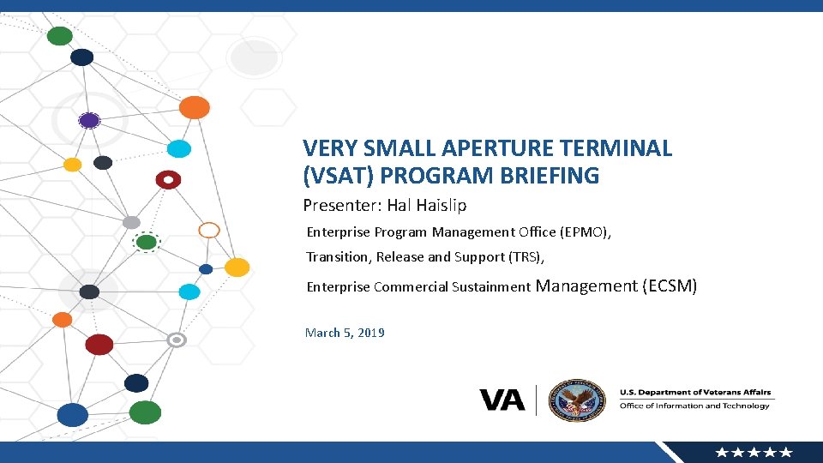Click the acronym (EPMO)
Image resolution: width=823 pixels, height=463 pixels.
click(585, 232)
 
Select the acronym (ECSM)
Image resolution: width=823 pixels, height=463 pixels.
click(670, 286)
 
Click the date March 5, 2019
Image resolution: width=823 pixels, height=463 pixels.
click(345, 333)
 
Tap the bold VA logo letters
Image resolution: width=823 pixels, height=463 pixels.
click(502, 400)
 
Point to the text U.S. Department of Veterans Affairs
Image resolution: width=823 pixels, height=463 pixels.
click(694, 393)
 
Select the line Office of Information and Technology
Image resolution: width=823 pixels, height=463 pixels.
click(694, 406)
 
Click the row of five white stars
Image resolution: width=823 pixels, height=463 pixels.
click(754, 453)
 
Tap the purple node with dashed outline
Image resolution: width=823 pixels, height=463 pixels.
click(89, 121)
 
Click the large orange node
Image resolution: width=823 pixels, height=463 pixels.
click(195, 107)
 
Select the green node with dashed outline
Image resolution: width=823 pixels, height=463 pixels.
click(147, 243)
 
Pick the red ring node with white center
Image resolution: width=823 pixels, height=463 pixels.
click(168, 180)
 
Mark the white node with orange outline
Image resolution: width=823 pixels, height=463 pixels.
click(209, 230)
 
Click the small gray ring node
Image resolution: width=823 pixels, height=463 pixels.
click(177, 340)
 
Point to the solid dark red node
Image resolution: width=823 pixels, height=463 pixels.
click(99, 345)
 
